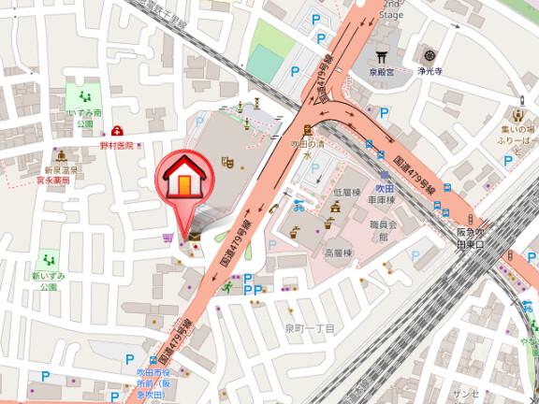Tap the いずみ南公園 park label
click(x=85, y=117)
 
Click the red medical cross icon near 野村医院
click(x=117, y=132)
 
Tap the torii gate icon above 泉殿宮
click(x=380, y=54)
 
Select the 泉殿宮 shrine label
click(x=380, y=70)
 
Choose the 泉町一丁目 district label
click(x=310, y=329)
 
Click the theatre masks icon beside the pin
click(x=226, y=161)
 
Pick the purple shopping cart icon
click(x=167, y=238)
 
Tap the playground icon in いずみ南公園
click(x=85, y=96)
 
